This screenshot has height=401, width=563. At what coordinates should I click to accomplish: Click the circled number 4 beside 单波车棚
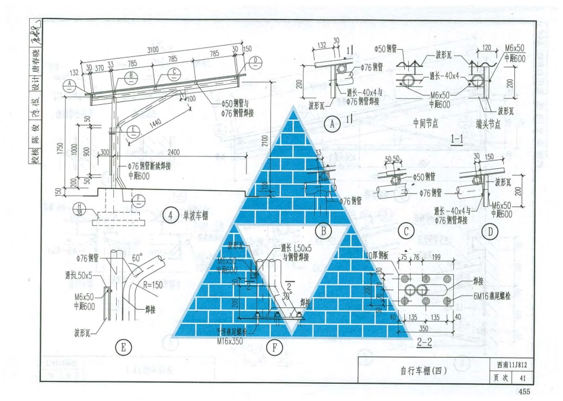coord(170,216)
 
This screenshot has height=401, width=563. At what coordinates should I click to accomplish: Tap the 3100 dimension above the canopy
coord(152,51)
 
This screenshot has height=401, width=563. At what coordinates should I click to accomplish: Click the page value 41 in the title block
coord(522,378)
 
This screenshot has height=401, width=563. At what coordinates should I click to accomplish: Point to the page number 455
coord(524,392)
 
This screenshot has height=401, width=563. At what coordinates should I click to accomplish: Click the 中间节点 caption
coord(425,124)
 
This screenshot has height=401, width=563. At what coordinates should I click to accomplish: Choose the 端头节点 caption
coord(489,124)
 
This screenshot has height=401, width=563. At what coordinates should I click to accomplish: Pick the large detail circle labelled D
coord(490,232)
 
